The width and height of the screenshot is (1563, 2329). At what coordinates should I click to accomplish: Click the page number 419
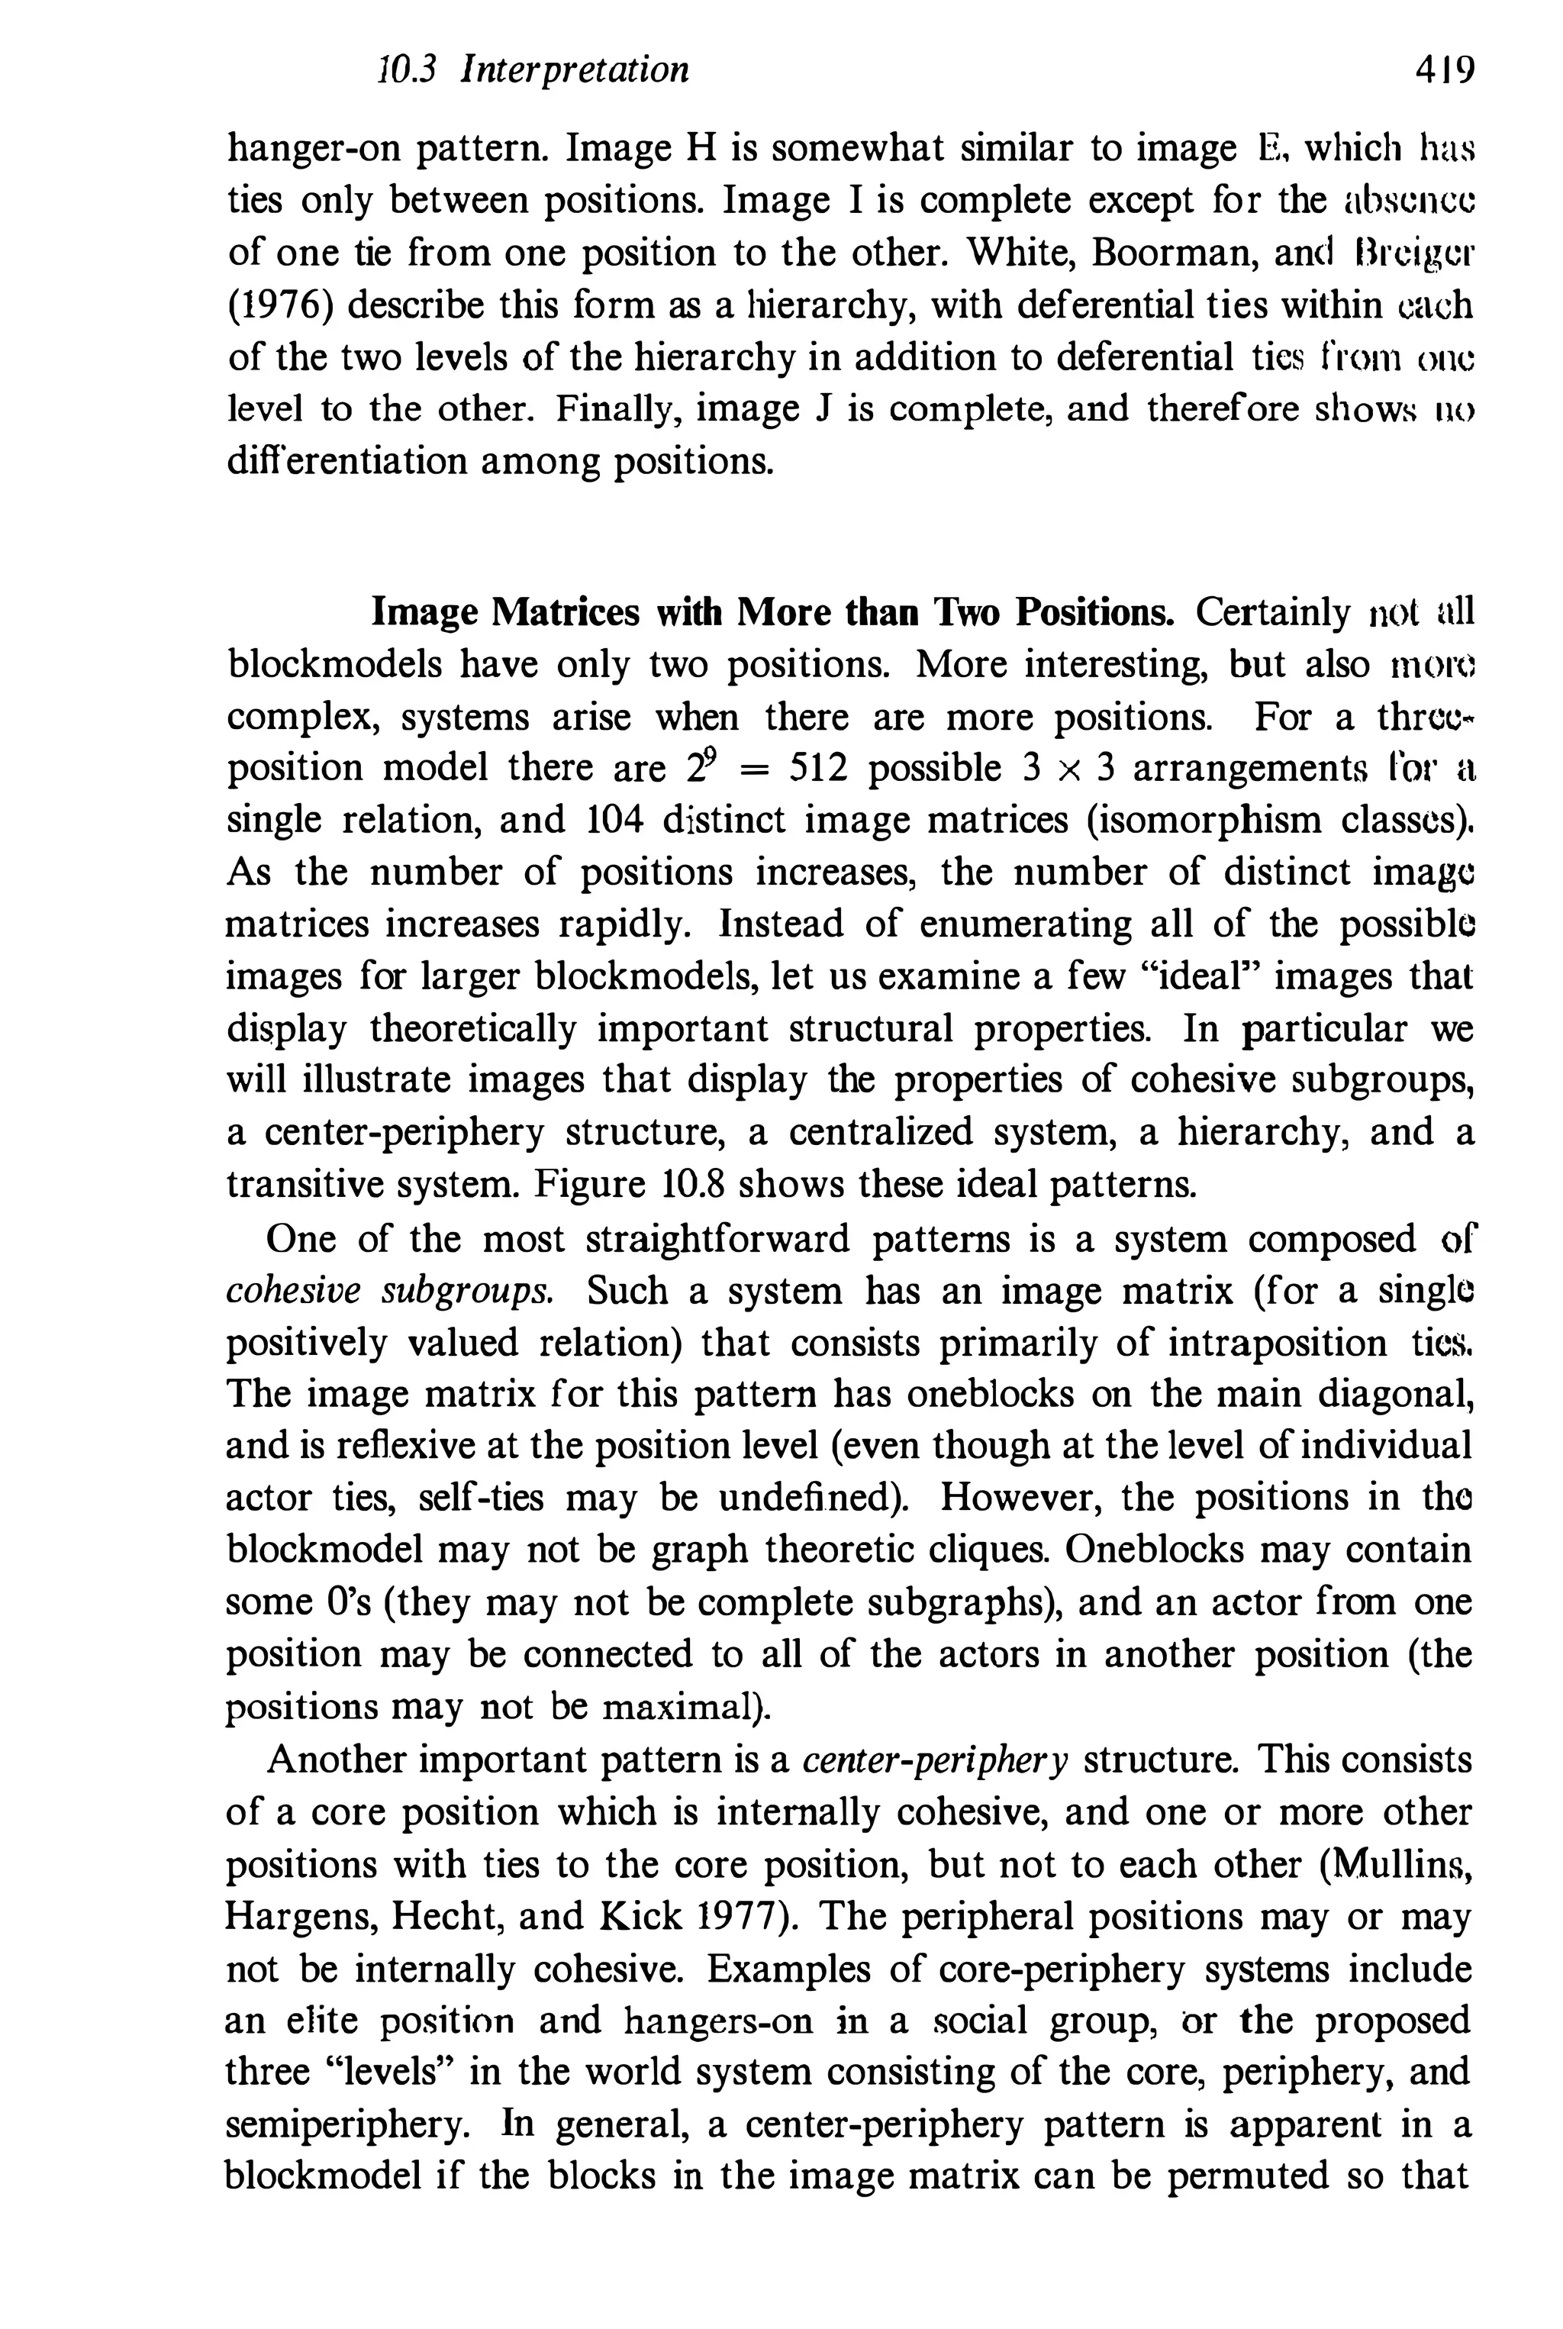point(1443,71)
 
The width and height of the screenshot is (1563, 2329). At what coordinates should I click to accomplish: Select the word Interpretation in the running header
point(575,71)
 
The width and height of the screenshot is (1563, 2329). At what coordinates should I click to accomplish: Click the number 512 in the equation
point(817,769)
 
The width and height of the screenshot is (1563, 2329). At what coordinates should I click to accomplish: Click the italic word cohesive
point(293,1291)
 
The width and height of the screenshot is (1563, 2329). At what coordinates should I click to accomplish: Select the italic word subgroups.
point(468,1291)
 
